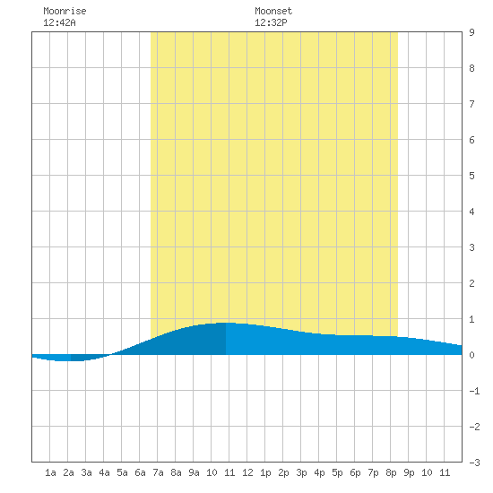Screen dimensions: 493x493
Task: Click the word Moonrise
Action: [65, 11]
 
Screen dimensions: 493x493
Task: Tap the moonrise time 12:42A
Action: [59, 22]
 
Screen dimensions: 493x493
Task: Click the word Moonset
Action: [273, 11]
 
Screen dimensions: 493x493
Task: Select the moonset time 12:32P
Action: [271, 22]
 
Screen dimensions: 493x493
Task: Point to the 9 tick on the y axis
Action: [471, 32]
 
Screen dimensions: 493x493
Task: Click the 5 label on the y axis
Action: [471, 176]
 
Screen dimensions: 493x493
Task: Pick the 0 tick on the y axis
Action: [471, 355]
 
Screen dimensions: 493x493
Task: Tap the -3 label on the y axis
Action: [474, 463]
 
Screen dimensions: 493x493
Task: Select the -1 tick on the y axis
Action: [474, 391]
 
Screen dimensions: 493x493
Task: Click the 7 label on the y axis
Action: [471, 104]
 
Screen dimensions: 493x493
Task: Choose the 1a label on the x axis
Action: [50, 472]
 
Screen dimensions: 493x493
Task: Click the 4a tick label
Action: [104, 472]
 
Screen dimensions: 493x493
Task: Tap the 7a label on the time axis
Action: [158, 472]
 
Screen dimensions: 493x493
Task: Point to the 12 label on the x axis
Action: [247, 472]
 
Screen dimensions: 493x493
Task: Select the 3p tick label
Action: [301, 472]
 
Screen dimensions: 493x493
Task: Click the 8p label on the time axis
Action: [391, 472]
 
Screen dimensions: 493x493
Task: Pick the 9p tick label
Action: [409, 472]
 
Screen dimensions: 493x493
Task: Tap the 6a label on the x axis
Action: [140, 472]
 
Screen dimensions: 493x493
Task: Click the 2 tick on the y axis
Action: [471, 283]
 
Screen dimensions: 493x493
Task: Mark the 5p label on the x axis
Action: [337, 472]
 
